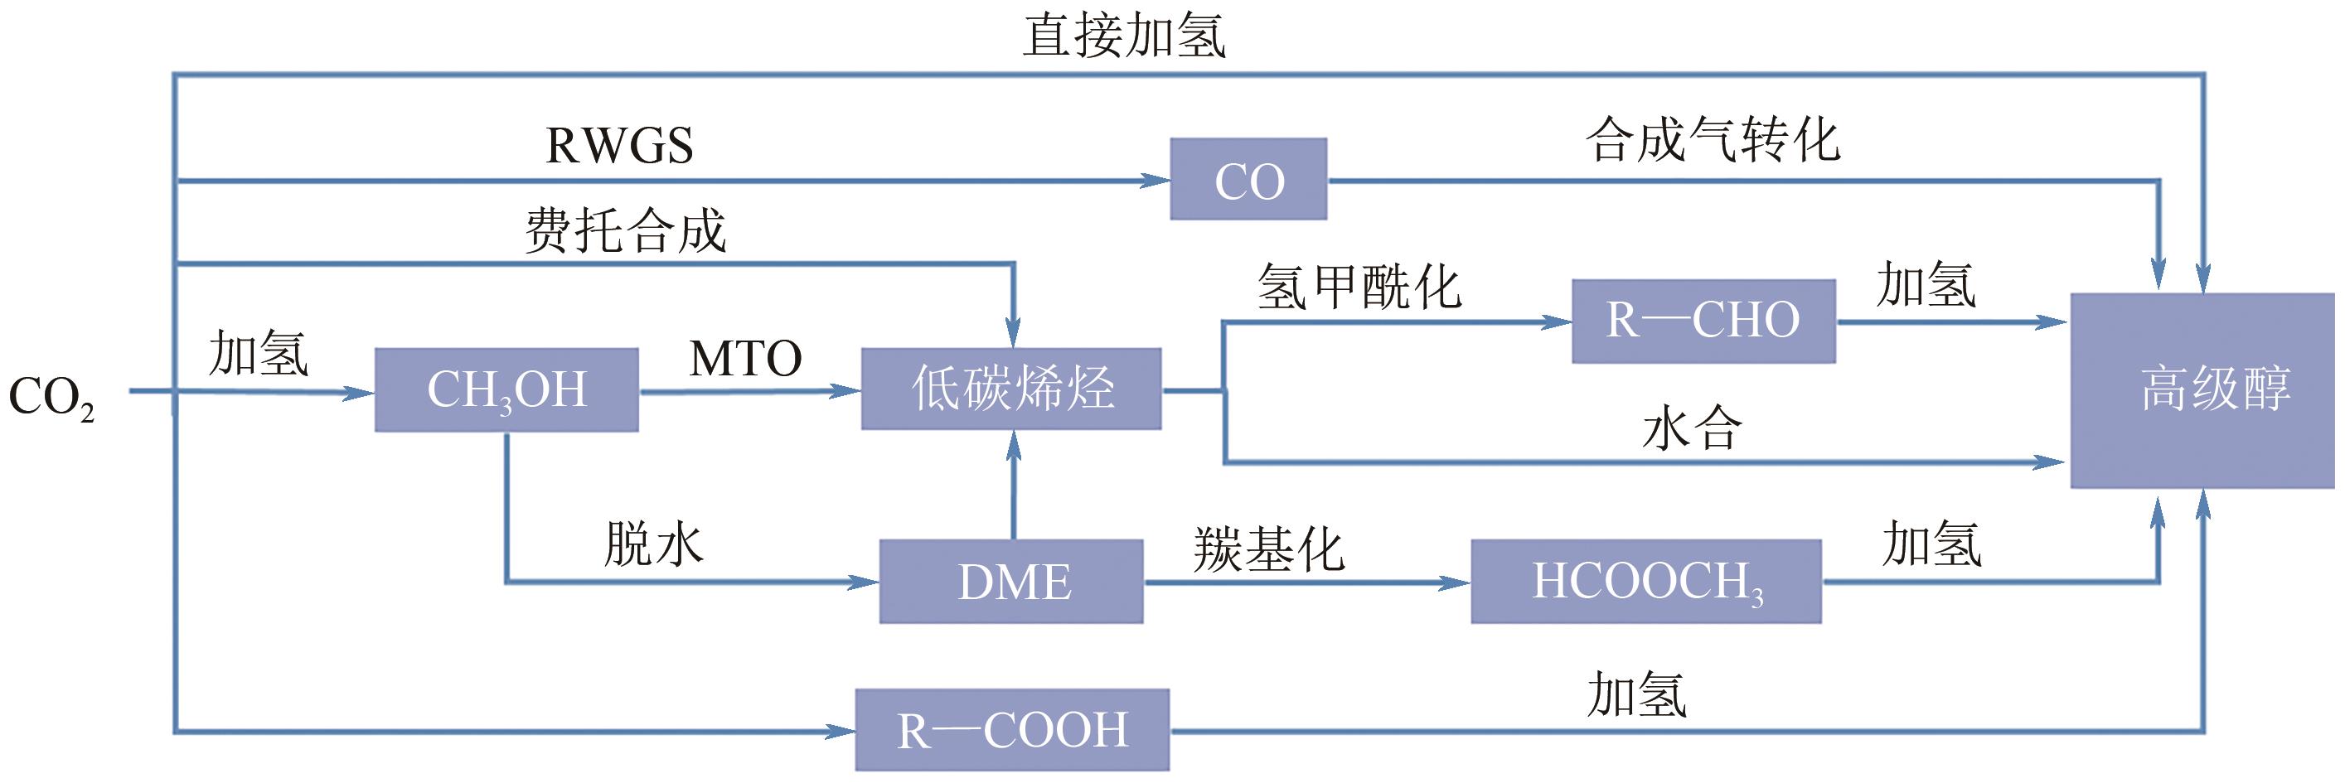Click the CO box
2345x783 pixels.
point(1248,179)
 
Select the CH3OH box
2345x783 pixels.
point(506,389)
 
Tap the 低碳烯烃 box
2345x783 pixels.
point(1011,389)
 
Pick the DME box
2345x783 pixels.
point(1011,582)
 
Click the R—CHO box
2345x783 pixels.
point(1703,321)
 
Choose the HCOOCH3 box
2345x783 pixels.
point(1646,582)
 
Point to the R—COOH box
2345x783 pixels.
point(1011,730)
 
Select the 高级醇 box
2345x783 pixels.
point(2202,389)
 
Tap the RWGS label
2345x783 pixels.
point(619,146)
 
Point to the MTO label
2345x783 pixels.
point(745,358)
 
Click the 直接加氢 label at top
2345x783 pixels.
point(1125,36)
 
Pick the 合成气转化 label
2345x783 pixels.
point(1713,141)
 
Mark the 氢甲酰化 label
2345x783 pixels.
point(1359,287)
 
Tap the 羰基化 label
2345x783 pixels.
point(1269,550)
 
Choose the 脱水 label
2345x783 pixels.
point(654,544)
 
